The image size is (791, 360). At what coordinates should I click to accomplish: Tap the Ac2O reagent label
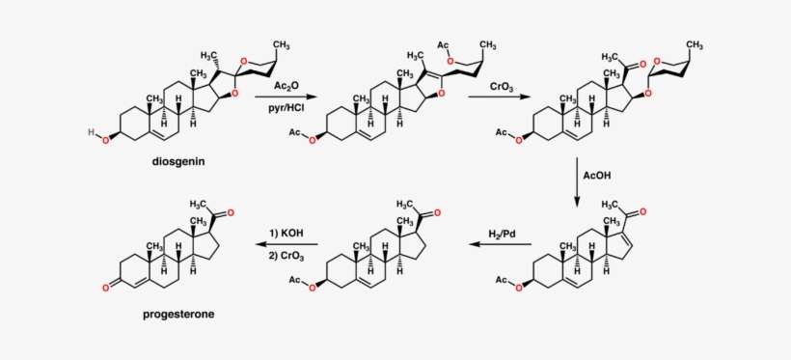coord(285,85)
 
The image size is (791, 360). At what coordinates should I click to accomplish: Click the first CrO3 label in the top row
coord(502,87)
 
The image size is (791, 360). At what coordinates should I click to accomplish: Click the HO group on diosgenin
coord(94,131)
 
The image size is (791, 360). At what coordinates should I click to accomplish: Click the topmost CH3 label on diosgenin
coord(281,44)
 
